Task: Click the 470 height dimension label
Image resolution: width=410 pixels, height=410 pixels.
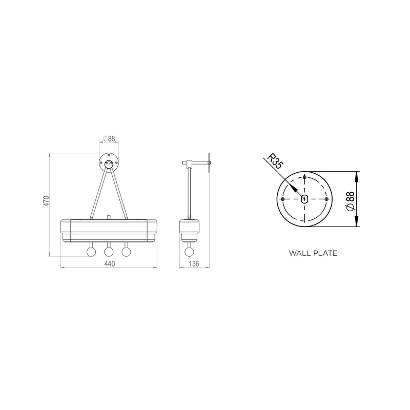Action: click(x=46, y=201)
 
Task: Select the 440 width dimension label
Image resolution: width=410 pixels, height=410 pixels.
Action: click(x=110, y=264)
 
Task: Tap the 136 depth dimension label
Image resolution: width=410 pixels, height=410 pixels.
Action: click(x=194, y=264)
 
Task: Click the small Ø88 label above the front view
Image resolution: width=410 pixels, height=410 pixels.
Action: click(x=109, y=138)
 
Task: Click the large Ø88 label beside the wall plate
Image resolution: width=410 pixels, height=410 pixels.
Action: click(x=350, y=200)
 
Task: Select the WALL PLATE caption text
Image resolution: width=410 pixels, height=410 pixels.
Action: click(x=313, y=253)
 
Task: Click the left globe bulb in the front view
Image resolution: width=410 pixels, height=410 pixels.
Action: click(x=91, y=252)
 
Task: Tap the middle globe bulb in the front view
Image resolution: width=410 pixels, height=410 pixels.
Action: click(x=109, y=252)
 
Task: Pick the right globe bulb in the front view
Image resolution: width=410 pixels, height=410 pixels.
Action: click(x=126, y=252)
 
